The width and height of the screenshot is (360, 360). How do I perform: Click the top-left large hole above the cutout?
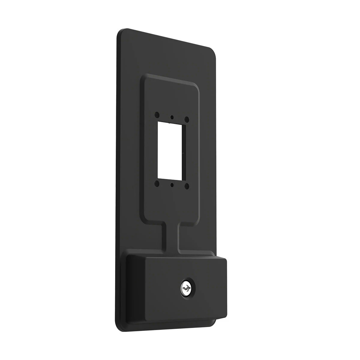coord(157,115)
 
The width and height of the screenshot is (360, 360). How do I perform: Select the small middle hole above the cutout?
coord(172,117)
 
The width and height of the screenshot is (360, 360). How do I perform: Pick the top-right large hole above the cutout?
coord(187,119)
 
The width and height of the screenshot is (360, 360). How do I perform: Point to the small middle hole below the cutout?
coord(172,185)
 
